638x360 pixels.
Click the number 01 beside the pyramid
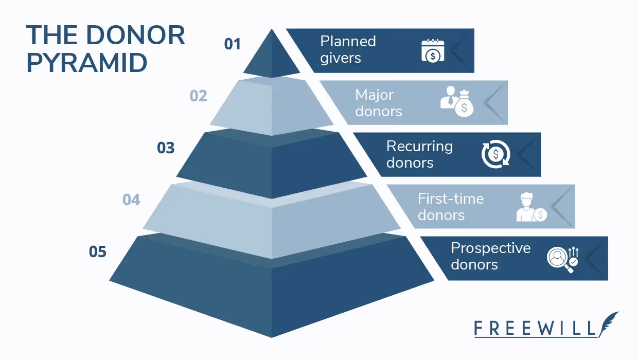233,44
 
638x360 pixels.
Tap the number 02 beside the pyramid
199,96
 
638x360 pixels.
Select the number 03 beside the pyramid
166,148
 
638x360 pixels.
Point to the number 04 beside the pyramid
131,200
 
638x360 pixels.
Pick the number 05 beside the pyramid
98,252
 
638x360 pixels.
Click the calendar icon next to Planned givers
433,51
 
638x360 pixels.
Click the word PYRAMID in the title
87,63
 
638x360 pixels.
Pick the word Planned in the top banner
348,42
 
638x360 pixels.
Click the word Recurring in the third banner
419,147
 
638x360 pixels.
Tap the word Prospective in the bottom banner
490,248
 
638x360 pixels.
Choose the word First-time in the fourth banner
451,199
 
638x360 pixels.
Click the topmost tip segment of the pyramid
272,57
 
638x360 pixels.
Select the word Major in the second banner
374,95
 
